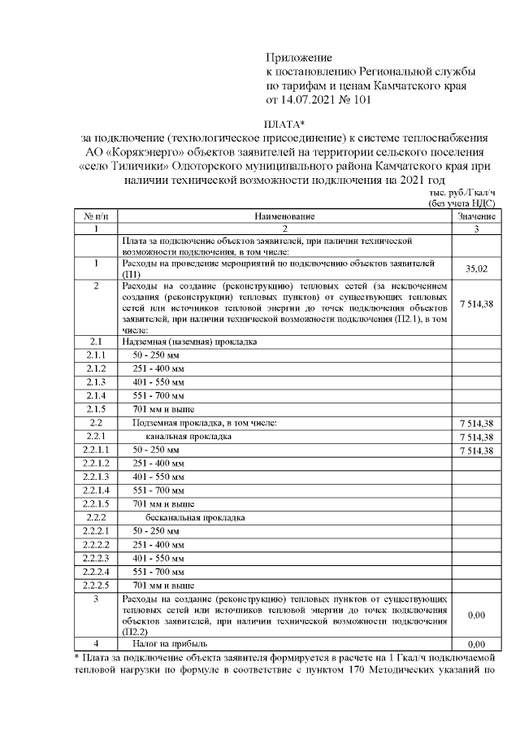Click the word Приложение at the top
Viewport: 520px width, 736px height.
coord(300,58)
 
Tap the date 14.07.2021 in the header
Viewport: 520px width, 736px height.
coord(312,100)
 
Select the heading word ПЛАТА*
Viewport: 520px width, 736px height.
coord(284,123)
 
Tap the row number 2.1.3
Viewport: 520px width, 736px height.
coord(96,381)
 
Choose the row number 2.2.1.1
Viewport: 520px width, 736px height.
coord(96,450)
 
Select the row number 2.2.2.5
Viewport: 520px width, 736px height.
coord(96,585)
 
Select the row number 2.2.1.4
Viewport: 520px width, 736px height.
coord(96,490)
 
